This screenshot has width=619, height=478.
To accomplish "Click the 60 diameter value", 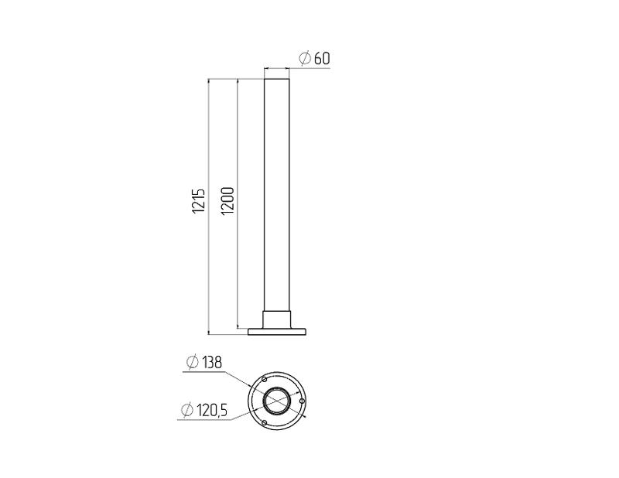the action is point(322,59).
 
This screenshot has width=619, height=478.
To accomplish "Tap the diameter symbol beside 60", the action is point(305,59).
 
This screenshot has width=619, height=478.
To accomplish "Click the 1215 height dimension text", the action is point(199,200).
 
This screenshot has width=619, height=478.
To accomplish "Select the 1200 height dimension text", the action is point(228,201).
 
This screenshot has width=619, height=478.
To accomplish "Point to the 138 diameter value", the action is point(212,362).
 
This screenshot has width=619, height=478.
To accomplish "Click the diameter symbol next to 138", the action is point(192,362).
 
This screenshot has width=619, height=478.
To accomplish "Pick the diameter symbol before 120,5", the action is point(186,411).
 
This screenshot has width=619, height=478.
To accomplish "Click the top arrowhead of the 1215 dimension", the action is point(208,82).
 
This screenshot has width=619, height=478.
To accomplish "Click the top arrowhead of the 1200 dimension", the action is point(238,82).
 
